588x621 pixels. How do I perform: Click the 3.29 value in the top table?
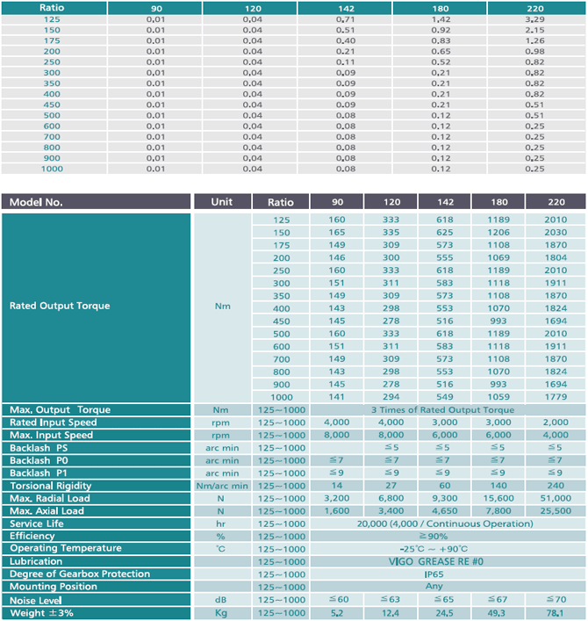click(535, 19)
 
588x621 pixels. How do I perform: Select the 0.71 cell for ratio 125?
click(346, 19)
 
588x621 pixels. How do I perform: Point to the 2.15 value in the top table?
click(535, 30)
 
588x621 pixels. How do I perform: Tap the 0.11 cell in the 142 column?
click(346, 62)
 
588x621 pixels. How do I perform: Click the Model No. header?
click(36, 202)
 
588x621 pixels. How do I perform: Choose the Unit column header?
click(222, 202)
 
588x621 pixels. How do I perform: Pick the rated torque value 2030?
click(556, 233)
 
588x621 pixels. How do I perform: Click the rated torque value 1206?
click(498, 233)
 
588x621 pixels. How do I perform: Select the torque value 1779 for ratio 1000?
click(556, 397)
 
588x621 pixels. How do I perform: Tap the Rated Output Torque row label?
click(60, 306)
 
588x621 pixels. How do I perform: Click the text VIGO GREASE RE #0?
click(435, 561)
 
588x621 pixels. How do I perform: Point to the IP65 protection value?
click(434, 574)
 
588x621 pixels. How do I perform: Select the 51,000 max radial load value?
click(556, 498)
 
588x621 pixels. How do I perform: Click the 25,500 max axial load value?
click(556, 511)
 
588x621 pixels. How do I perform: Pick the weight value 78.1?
click(555, 613)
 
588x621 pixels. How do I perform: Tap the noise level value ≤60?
click(339, 600)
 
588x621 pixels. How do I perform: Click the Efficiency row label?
click(32, 537)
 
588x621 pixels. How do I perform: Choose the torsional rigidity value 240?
click(556, 486)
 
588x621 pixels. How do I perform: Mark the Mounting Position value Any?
click(434, 587)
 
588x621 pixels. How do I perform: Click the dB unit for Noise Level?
click(221, 600)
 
